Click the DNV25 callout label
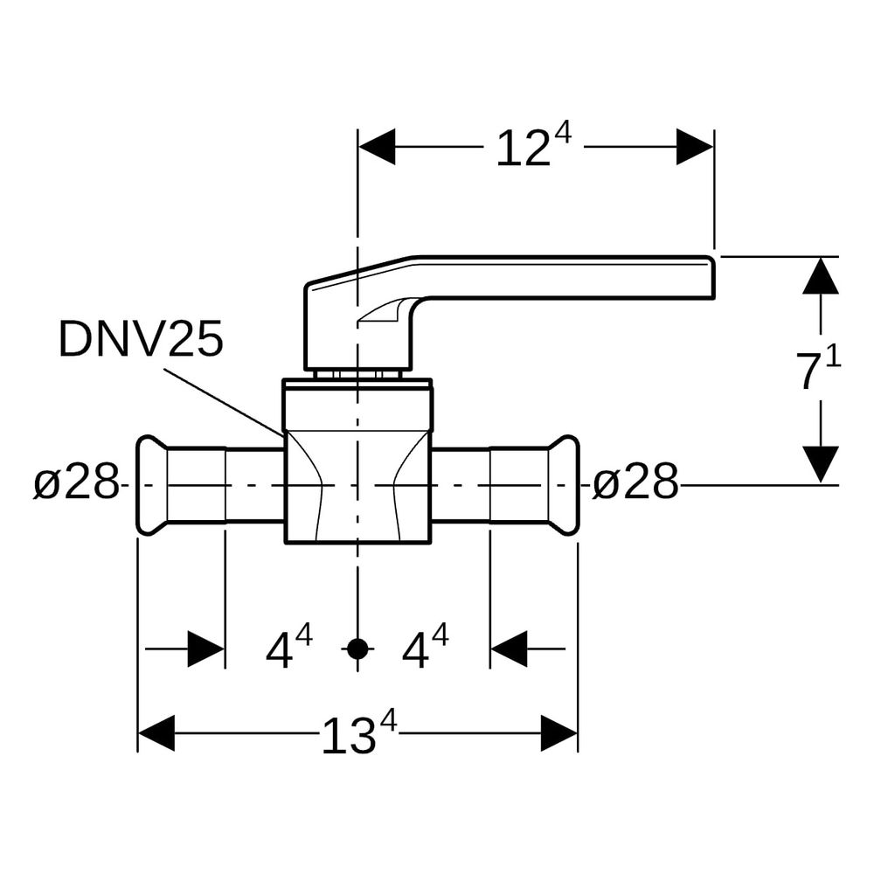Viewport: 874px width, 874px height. click(x=141, y=338)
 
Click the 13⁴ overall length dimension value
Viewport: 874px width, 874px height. click(x=359, y=733)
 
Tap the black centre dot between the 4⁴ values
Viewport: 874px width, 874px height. click(x=357, y=649)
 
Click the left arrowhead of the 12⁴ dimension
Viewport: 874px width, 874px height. click(x=377, y=147)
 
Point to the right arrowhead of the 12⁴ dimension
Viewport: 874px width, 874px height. click(x=695, y=147)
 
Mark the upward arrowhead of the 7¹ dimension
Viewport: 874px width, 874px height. click(x=821, y=275)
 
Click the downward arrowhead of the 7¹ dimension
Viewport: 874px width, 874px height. click(x=821, y=465)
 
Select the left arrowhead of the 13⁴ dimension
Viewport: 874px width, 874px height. click(x=156, y=733)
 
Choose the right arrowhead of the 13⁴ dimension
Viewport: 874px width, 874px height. click(x=559, y=733)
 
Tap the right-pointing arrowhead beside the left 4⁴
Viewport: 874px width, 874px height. click(x=206, y=649)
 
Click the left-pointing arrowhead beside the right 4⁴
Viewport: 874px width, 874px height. click(x=509, y=649)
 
